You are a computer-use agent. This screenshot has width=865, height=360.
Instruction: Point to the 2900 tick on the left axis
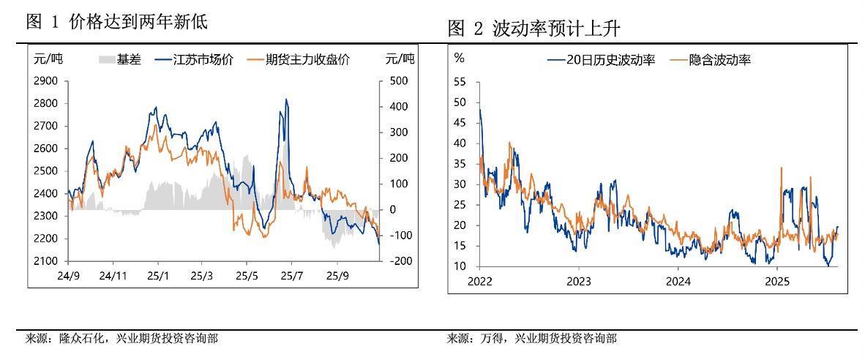(46, 80)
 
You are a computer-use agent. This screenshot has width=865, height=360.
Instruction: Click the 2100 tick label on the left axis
(46, 261)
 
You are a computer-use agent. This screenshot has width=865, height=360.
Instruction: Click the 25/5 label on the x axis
(246, 276)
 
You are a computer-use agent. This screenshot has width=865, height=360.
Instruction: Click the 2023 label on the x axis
(579, 281)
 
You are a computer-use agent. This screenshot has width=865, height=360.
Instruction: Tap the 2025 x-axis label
(776, 281)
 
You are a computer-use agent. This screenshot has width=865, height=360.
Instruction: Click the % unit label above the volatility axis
(459, 57)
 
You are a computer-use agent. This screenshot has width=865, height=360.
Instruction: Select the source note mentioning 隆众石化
(121, 339)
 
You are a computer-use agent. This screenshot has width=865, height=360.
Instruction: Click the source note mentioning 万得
(531, 339)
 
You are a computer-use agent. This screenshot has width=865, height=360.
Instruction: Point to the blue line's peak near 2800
(285, 100)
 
